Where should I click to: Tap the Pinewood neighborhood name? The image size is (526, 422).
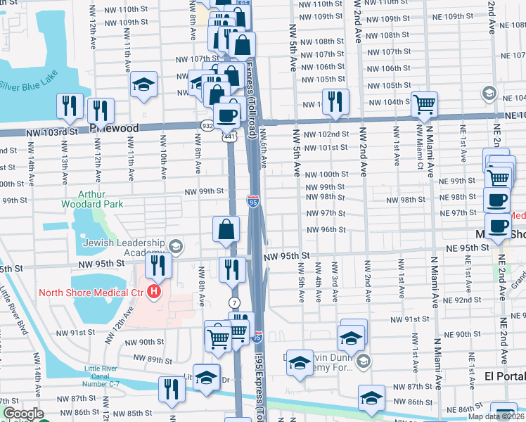click(x=113, y=129)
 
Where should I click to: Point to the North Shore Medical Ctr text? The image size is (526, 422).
click(x=91, y=292)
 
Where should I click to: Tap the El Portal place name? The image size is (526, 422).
click(x=504, y=376)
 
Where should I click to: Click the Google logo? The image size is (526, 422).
click(x=23, y=414)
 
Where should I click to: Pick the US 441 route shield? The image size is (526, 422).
click(x=230, y=138)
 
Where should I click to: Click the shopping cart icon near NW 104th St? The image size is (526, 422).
click(x=425, y=104)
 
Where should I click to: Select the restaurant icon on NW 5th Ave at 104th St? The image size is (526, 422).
click(x=335, y=101)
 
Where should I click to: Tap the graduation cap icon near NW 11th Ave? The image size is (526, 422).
click(x=143, y=87)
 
